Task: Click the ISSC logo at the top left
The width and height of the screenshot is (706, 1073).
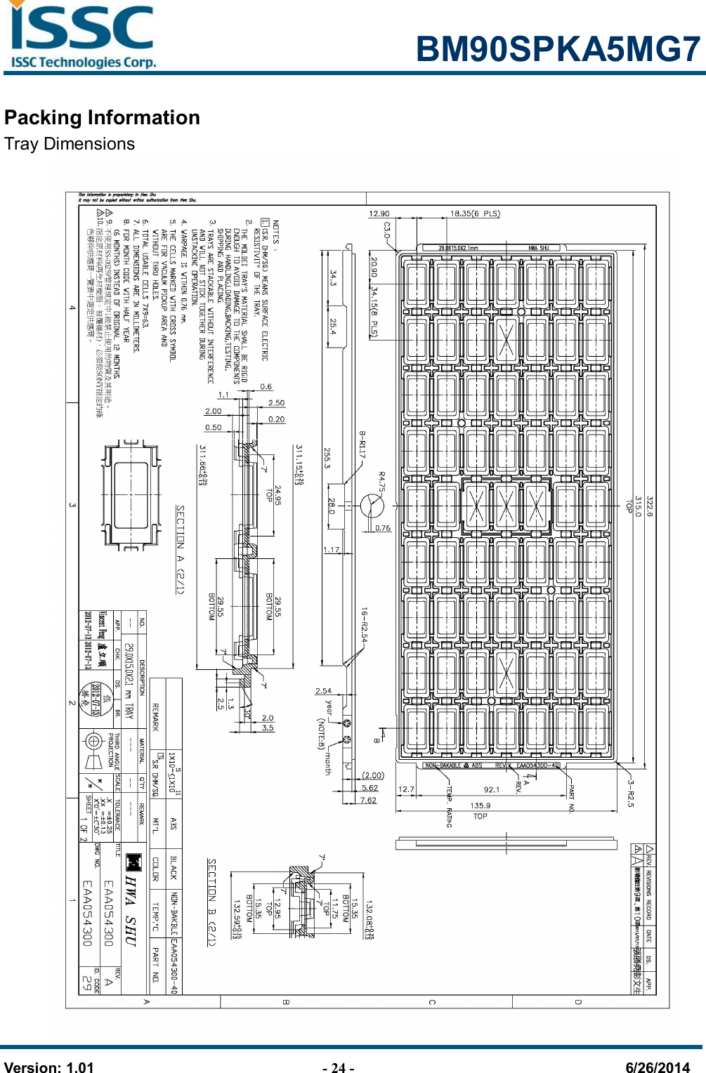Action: pos(83,35)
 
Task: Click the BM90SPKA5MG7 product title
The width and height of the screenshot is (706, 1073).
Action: pos(558,50)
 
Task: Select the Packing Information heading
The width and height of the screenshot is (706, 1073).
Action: pos(102,117)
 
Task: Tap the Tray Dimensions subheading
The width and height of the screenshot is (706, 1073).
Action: pos(70,144)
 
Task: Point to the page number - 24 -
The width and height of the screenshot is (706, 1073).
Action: pos(338,1068)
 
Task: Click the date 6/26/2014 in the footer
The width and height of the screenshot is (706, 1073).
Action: pos(658,1068)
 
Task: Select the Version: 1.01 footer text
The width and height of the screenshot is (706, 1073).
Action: pos(49,1068)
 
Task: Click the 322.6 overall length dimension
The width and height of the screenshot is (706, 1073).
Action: pos(649,504)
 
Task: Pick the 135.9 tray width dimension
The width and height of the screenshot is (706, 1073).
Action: pos(480,805)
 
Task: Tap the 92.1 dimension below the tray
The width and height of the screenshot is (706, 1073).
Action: pos(492,789)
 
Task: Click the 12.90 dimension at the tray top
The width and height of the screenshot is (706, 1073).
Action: pos(379,213)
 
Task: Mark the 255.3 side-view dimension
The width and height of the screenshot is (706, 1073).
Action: pos(327,458)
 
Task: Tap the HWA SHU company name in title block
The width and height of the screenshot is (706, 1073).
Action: pos(131,910)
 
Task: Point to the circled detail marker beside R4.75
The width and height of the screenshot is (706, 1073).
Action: pos(372,505)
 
